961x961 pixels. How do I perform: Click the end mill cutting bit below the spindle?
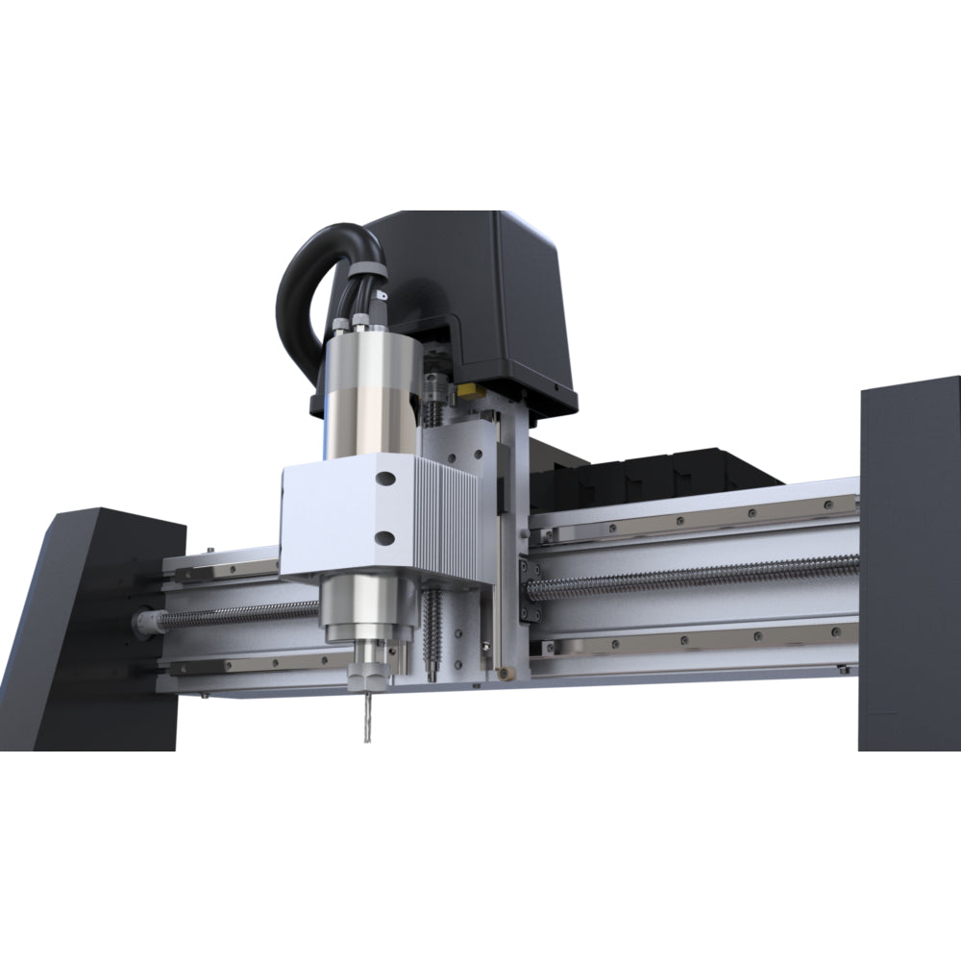pos(364,716)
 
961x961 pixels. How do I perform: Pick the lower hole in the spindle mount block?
pos(384,537)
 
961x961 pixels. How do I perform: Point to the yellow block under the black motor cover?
pos(470,390)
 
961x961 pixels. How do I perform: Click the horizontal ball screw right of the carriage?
pos(692,578)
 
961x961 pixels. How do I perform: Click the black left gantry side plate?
pos(91,625)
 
